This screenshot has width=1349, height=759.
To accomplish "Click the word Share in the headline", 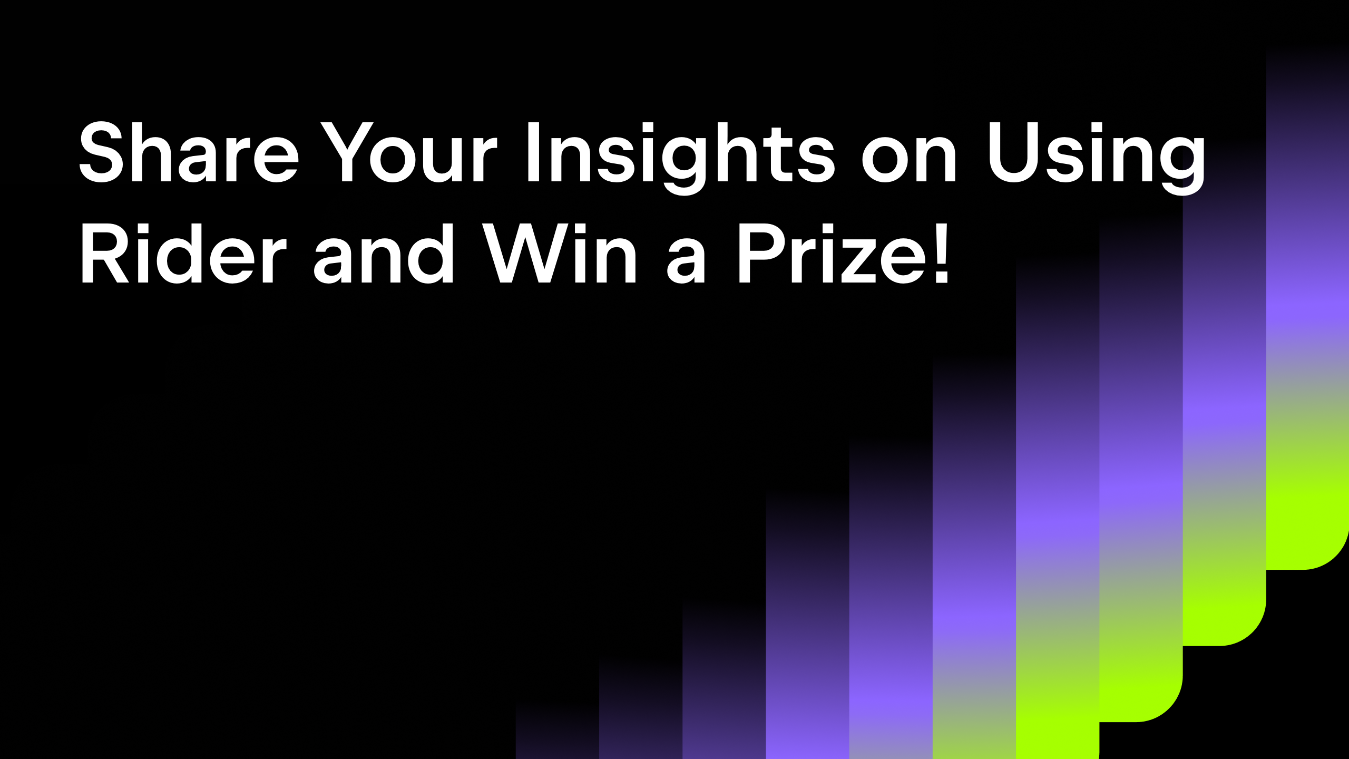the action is (x=189, y=152).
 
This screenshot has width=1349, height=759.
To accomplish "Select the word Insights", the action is (x=680, y=158).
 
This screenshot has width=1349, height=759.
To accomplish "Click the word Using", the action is (x=1097, y=158).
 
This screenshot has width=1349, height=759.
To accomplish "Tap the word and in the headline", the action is (x=383, y=254).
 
